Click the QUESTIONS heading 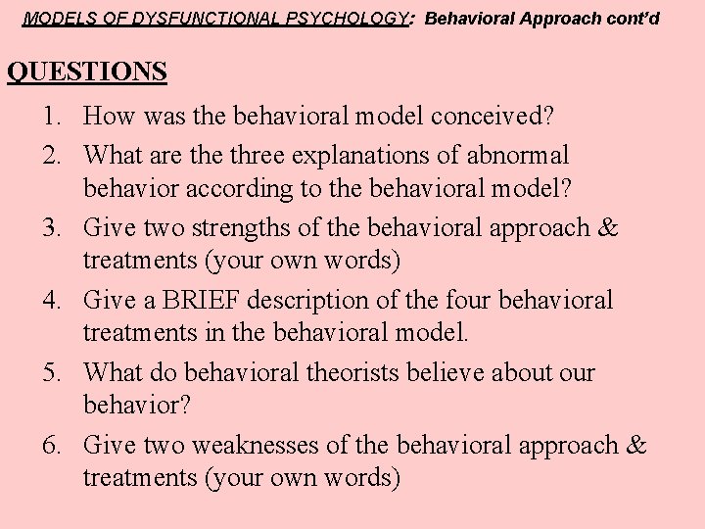point(86,72)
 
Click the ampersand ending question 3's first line point(608,227)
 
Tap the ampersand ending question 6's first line point(636,445)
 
